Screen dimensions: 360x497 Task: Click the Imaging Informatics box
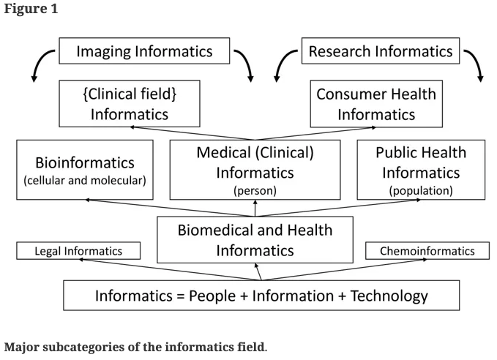[144, 51]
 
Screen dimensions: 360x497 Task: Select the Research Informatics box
[380, 51]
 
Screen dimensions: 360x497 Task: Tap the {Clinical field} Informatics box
[130, 104]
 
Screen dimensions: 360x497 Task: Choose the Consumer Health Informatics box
[376, 104]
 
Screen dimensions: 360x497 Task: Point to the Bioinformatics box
[85, 170]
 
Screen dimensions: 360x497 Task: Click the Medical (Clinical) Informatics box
[255, 170]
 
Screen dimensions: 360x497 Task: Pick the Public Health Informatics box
[421, 170]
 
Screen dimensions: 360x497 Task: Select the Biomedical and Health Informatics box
[255, 240]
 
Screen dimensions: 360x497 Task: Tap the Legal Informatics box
[79, 251]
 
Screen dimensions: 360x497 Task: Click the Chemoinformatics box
[427, 251]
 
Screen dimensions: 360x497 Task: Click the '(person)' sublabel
[255, 191]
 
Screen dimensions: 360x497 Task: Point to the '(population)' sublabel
[421, 191]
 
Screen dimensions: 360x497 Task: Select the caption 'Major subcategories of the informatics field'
[135, 346]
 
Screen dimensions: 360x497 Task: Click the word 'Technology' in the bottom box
[389, 296]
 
